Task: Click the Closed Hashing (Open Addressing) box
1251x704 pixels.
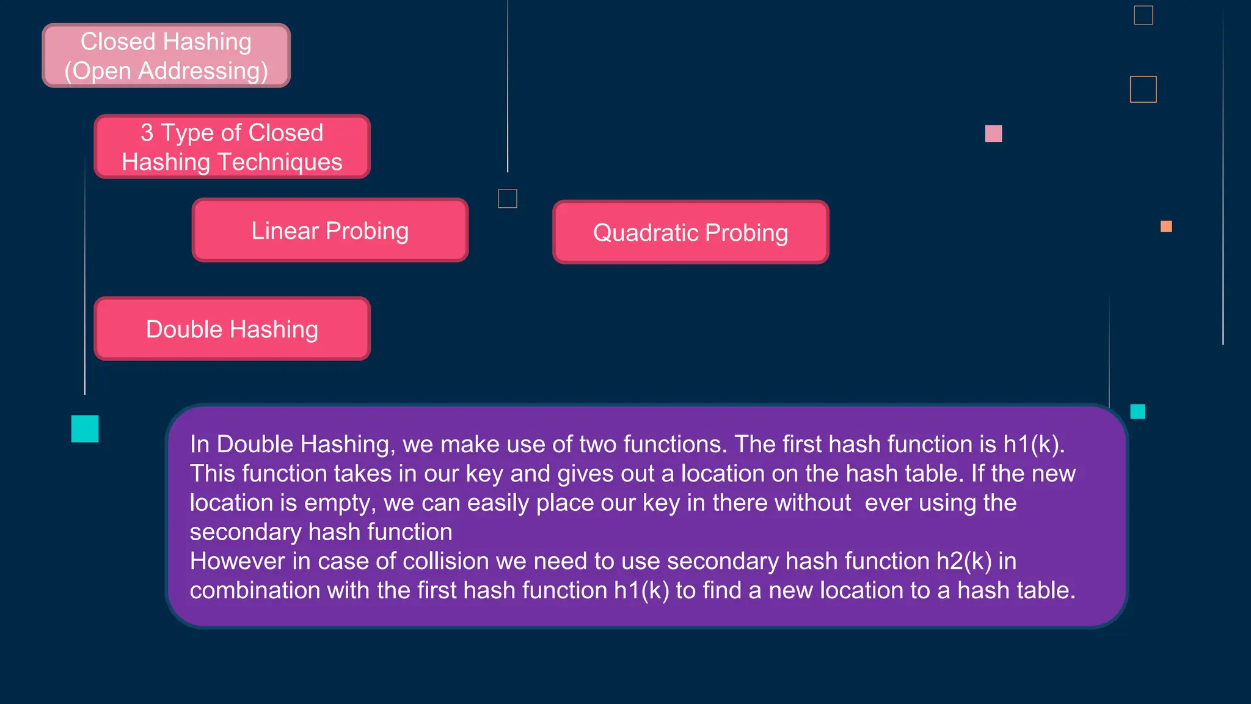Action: coord(166,56)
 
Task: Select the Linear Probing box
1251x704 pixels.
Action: coord(330,230)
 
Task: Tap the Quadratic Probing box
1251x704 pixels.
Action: coord(690,232)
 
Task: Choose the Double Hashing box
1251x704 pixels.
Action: coord(232,329)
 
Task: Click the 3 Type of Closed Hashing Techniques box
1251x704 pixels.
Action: coord(232,147)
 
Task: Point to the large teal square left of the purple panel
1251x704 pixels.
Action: coord(85,428)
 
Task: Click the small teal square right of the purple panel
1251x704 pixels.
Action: coord(1137,411)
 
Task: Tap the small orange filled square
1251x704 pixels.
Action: coord(1166,227)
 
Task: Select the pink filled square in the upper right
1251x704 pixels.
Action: coord(993,133)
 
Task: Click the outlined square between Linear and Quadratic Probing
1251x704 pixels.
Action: coord(508,199)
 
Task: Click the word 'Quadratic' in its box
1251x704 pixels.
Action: coord(646,233)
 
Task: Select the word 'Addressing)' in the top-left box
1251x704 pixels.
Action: coord(203,71)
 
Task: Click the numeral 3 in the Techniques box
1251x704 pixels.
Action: coord(147,133)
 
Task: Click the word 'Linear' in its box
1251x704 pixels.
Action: coord(285,231)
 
